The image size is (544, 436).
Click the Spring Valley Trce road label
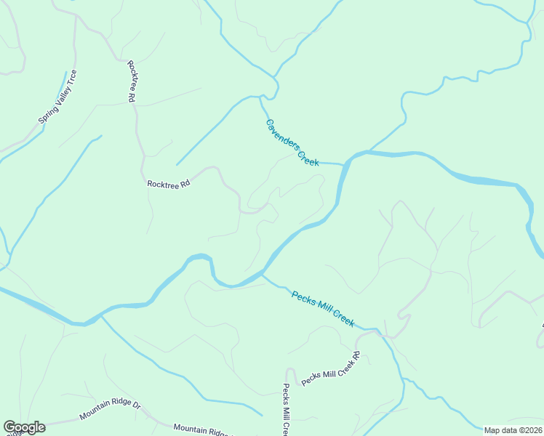pyautogui.click(x=57, y=97)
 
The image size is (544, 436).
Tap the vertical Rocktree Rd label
pyautogui.click(x=132, y=81)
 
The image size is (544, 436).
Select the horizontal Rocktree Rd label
pyautogui.click(x=168, y=185)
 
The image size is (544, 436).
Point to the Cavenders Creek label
pyautogui.click(x=292, y=142)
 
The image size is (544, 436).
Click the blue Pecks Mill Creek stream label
pyautogui.click(x=323, y=309)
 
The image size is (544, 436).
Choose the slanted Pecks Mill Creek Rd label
pyautogui.click(x=332, y=369)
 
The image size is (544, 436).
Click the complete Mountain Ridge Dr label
pyautogui.click(x=110, y=412)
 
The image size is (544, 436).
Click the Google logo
pyautogui.click(x=24, y=427)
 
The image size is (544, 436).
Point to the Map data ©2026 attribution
pyautogui.click(x=512, y=430)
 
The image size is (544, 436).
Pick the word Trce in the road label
pyautogui.click(x=71, y=78)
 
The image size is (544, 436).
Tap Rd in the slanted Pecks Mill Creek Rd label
pyautogui.click(x=356, y=357)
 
